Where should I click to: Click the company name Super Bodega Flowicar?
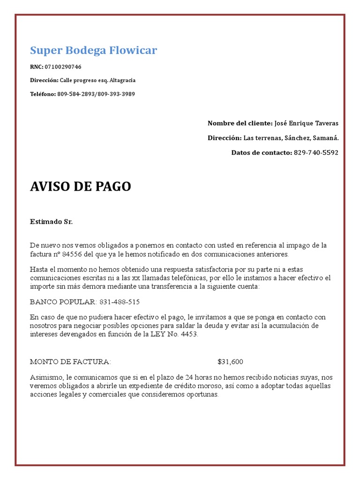tap(93, 50)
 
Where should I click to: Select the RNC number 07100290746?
tap(66, 67)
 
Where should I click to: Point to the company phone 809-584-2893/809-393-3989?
tap(96, 94)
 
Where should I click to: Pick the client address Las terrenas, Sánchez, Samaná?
tap(291, 138)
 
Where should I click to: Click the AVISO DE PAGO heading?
tap(81, 187)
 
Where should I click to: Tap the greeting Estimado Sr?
tap(52, 221)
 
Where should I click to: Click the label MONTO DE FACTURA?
tap(71, 361)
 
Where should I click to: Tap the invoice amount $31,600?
tap(230, 361)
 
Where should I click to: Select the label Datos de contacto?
tap(261, 152)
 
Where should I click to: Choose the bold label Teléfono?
tap(43, 94)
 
